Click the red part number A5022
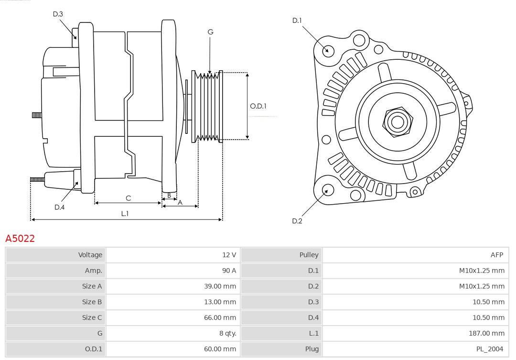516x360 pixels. click(20, 238)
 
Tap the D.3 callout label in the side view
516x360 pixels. click(58, 14)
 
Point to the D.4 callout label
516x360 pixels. click(59, 207)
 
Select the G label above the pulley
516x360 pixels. click(210, 32)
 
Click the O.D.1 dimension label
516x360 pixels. click(258, 106)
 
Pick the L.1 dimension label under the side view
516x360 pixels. click(125, 214)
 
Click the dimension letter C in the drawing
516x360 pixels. click(128, 198)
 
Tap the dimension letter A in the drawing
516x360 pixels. click(180, 202)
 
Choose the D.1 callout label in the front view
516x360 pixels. click(297, 20)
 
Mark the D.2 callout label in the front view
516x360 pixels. click(297, 221)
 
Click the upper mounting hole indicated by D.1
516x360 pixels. click(328, 50)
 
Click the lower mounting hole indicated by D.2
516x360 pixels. click(327, 190)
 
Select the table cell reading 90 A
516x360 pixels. click(228, 271)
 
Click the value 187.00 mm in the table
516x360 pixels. click(485, 333)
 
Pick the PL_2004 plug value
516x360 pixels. click(490, 349)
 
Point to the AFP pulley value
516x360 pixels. click(496, 255)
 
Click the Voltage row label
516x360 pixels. click(90, 255)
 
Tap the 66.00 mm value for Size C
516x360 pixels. click(220, 317)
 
